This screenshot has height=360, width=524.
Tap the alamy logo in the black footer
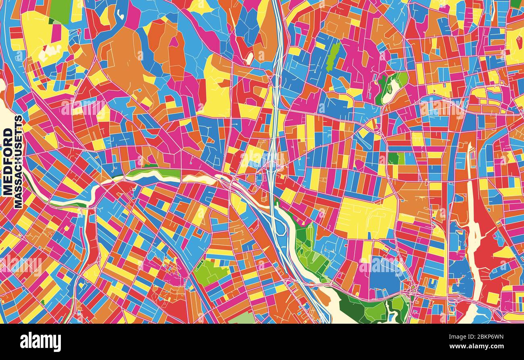pyautogui.click(x=40, y=342)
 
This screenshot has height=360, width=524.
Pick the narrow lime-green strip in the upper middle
pyautogui.click(x=333, y=56)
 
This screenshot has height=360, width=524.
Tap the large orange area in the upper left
pyautogui.click(x=121, y=60)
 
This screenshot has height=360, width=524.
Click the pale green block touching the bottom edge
pyautogui.click(x=242, y=318)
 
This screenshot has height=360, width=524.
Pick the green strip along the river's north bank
pyautogui.click(x=157, y=173)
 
